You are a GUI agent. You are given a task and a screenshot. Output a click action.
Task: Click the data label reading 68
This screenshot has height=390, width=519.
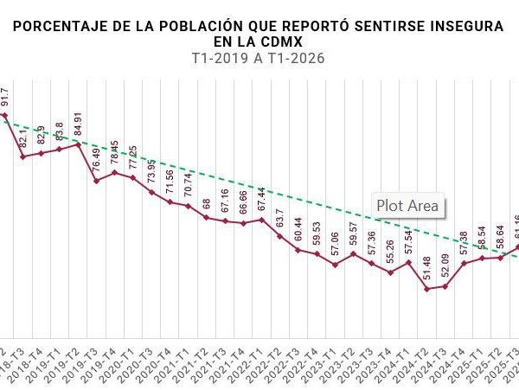coord(207,204)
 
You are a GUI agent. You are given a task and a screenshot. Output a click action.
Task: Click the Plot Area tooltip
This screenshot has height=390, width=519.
coord(408,206)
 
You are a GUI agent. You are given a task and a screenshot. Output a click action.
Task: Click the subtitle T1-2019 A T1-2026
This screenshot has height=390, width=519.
coord(260,58)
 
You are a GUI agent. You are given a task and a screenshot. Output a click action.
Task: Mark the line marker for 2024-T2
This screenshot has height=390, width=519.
coord(427,289)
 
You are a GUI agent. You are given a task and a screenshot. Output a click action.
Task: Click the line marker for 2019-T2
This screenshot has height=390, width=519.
coord(78,144)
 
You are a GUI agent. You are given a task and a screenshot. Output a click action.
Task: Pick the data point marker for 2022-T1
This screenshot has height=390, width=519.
coord(262,219)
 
